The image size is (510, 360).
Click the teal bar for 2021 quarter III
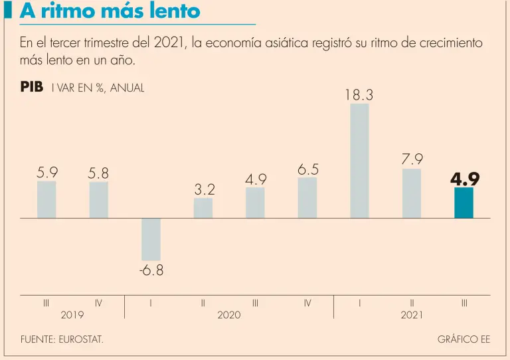click(464, 203)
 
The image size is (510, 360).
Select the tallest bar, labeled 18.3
click(359, 161)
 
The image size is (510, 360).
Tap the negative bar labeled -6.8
click(151, 239)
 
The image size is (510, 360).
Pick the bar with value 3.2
click(203, 208)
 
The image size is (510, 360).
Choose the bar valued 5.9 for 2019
click(46, 199)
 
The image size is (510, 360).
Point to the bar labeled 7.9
click(412, 193)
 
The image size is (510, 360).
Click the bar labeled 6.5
click(307, 197)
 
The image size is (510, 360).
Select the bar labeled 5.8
click(99, 200)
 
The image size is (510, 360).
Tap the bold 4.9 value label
click(464, 179)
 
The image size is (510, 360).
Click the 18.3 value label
click(359, 96)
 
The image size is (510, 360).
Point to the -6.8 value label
click(151, 271)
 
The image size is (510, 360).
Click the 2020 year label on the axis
click(229, 315)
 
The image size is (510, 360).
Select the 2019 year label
click(72, 315)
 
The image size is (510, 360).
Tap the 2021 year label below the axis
click(412, 315)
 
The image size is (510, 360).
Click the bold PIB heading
click(32, 87)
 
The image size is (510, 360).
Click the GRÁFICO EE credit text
click(464, 339)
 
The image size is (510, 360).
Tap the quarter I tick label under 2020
click(151, 303)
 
